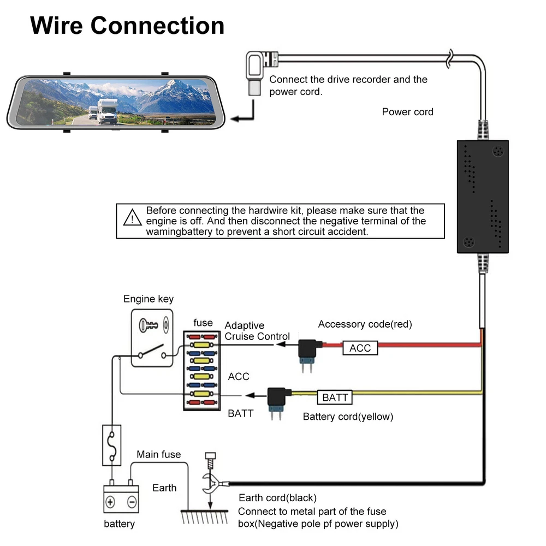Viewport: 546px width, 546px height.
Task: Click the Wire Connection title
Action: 127,26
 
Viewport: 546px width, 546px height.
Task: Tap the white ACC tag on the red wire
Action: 360,348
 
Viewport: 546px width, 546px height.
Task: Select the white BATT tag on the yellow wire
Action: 335,397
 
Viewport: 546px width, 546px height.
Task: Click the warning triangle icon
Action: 132,218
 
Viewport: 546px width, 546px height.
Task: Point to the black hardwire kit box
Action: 482,197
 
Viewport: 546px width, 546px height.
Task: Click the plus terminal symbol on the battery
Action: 111,502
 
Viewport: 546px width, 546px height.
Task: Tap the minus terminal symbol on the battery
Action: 131,502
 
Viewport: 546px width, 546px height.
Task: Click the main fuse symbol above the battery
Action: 111,445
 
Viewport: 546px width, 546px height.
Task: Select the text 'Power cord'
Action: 407,112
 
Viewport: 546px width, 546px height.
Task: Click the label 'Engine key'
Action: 149,299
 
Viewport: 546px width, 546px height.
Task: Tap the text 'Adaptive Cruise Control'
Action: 257,331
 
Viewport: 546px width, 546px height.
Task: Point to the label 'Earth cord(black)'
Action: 277,498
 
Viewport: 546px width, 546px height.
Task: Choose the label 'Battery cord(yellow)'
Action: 348,417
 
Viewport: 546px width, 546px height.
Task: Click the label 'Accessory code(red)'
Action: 365,324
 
